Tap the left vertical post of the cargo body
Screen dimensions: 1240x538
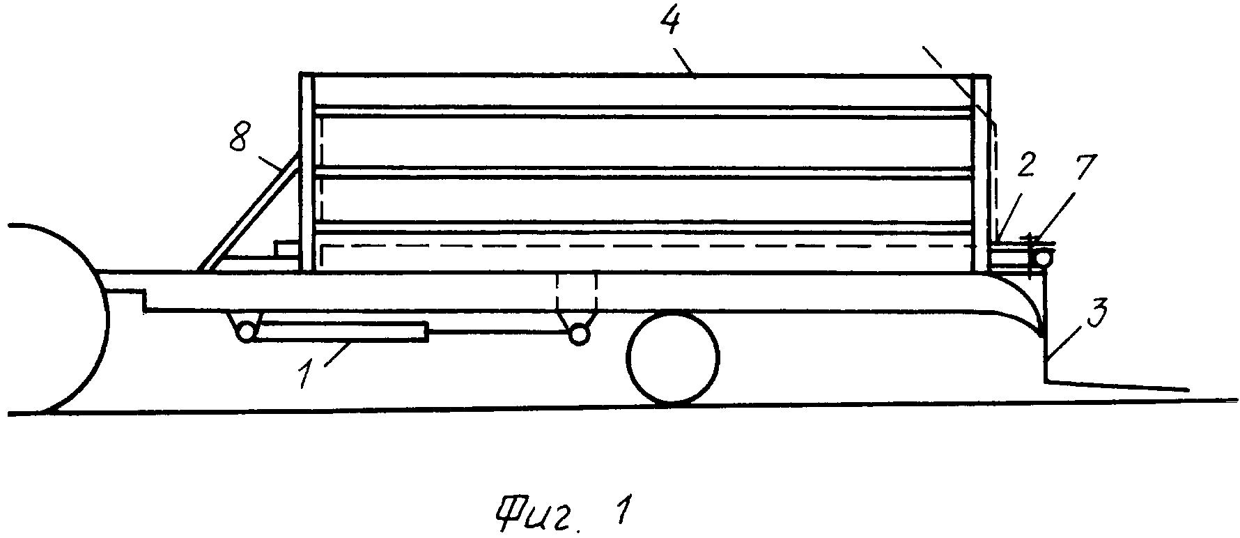[x=307, y=171]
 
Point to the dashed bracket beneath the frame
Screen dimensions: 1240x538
[x=577, y=293]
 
